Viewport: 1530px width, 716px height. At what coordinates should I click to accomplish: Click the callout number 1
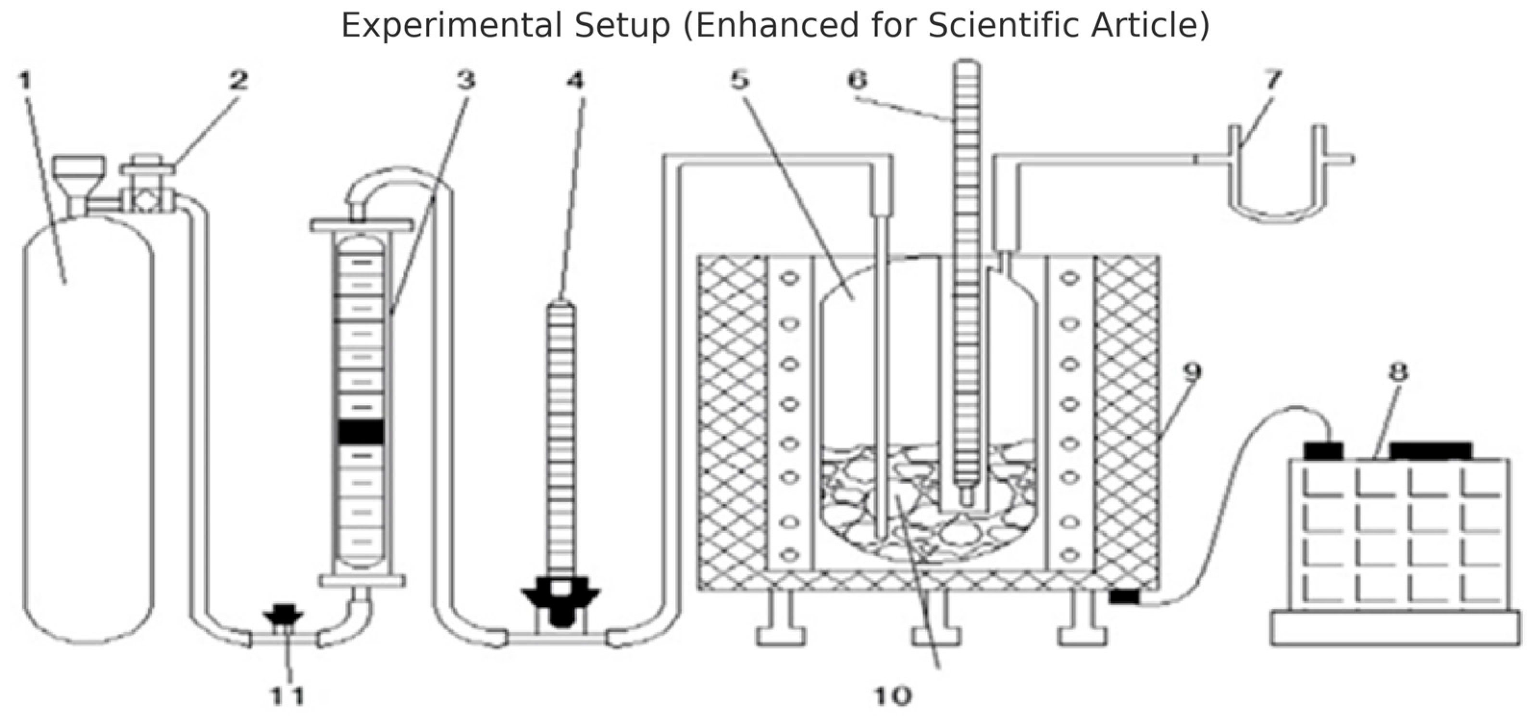[25, 80]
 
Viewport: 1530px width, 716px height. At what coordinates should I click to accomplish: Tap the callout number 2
[239, 80]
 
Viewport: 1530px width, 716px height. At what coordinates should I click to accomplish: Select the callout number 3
[466, 80]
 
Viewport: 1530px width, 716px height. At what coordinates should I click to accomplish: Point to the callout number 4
[575, 80]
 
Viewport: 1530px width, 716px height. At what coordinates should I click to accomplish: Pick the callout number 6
[857, 80]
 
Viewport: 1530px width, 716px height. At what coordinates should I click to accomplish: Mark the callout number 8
[1398, 373]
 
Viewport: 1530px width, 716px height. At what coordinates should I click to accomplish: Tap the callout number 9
[1193, 373]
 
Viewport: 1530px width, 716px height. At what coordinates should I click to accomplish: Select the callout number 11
[287, 695]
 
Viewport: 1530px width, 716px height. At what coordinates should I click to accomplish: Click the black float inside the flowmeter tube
[361, 432]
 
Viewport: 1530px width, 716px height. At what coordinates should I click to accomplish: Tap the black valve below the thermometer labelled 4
[560, 597]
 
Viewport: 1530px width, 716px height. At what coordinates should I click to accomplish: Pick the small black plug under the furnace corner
[1124, 596]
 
